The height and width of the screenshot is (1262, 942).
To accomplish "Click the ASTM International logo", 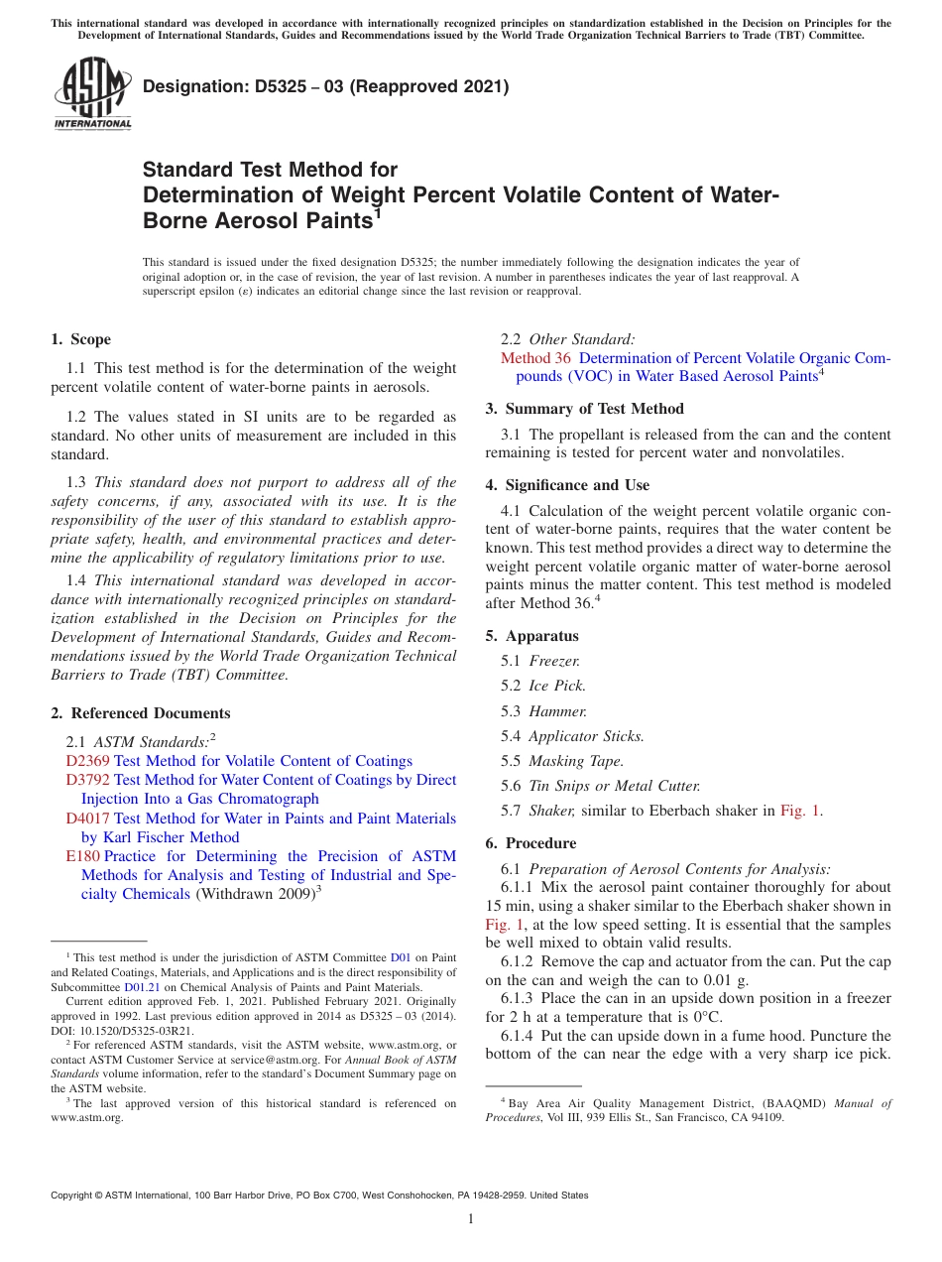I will click(92, 93).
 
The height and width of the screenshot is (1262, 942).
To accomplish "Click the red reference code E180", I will click(82, 856).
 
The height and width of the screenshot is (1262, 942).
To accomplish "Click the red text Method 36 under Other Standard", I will click(535, 358).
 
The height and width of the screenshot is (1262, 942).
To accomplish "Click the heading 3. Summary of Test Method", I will click(584, 409).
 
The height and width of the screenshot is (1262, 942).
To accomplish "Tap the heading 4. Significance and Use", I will click(567, 485).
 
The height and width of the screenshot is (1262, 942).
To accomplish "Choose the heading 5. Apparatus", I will click(531, 636).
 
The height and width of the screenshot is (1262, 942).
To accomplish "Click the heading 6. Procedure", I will click(530, 843).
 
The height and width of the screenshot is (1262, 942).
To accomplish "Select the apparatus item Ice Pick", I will click(557, 686).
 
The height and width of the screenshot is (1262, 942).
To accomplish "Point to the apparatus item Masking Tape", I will click(576, 761).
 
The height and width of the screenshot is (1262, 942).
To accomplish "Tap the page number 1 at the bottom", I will click(471, 1219).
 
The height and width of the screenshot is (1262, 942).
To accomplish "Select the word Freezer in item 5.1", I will click(554, 661).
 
